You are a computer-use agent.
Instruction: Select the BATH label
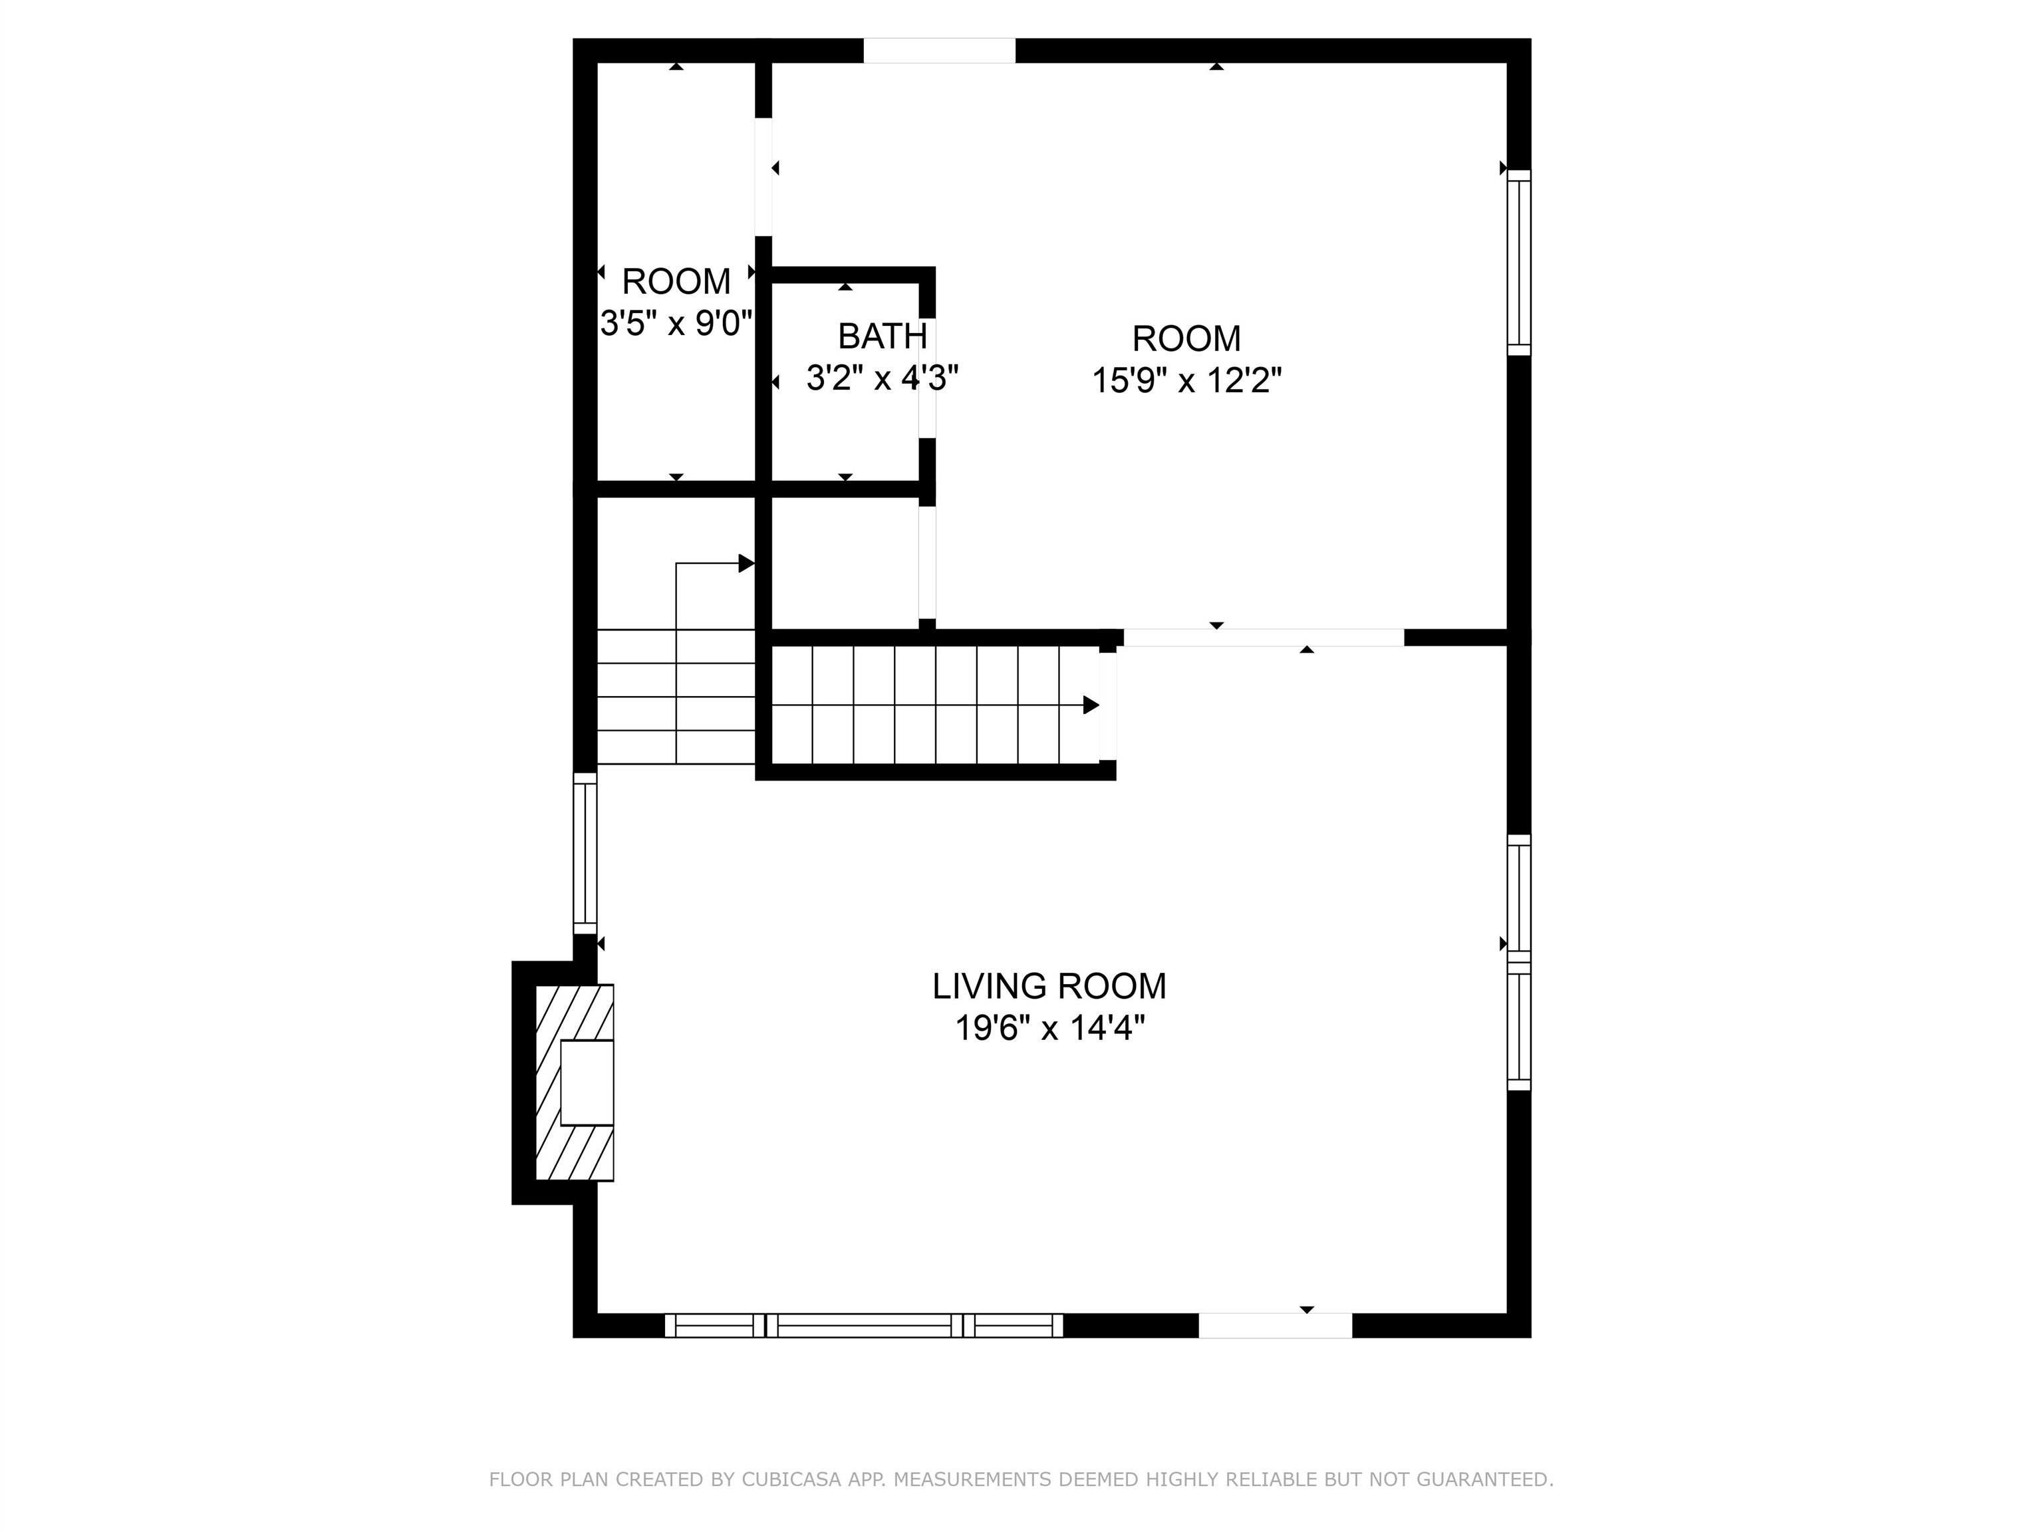882,336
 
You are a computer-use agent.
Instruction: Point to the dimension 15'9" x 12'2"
1187,380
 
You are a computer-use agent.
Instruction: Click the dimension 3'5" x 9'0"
677,324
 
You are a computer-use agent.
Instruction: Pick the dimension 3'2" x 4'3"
882,378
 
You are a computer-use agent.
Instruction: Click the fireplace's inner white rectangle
587,1083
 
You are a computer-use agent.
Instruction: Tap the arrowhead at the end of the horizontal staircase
1091,705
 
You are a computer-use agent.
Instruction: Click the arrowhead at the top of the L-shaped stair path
746,563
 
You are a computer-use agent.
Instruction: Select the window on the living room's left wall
585,853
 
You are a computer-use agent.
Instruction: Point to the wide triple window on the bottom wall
864,1325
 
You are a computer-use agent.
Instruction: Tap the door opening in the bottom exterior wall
1275,1325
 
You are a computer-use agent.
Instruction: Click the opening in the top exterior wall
939,51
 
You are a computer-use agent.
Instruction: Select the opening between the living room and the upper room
1262,637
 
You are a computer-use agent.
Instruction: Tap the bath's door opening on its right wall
927,378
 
